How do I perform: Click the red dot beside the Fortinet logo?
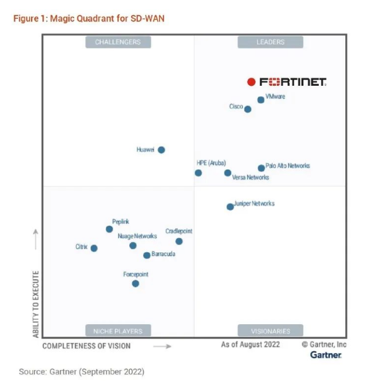coord(251,82)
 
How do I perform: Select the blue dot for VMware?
coord(261,100)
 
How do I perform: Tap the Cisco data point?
coord(248,109)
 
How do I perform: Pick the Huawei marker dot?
coord(161,150)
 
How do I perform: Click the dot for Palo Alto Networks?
coord(261,167)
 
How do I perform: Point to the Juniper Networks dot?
coord(230,206)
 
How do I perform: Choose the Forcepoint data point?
coord(135,283)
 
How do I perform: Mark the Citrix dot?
coord(94,248)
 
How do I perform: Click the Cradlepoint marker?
coord(179,241)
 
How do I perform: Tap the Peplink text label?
coord(121,222)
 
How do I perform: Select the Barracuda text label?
coord(163,254)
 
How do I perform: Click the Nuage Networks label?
coord(137,236)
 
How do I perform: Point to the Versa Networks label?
coord(250,178)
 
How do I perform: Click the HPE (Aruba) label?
coord(211,163)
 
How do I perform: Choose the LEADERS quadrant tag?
coord(270,42)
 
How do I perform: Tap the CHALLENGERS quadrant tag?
coord(118,42)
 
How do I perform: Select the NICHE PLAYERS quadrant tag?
coord(118,331)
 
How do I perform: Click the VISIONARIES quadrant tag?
coord(270,331)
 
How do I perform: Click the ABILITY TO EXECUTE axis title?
coord(36,304)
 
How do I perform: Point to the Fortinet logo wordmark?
coord(293,82)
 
